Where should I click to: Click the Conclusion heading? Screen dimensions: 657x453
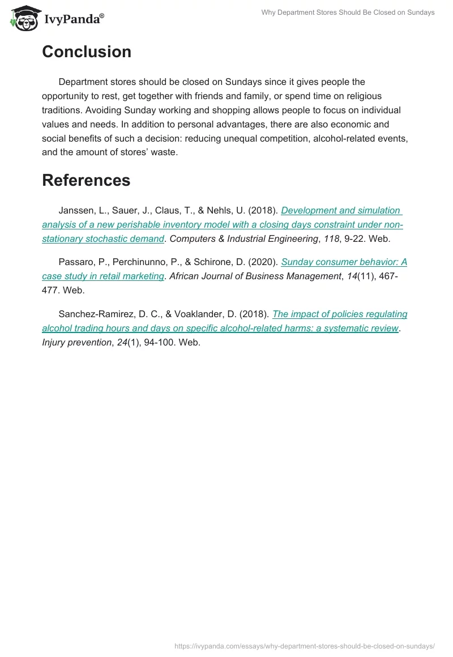[87, 52]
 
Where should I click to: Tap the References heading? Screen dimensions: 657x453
[86, 180]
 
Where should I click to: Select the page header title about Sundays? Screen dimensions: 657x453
[348, 12]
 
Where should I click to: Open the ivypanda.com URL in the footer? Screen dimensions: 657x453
[305, 646]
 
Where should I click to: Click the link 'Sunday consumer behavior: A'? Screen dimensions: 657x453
[344, 262]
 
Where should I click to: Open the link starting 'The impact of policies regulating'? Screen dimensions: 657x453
[340, 314]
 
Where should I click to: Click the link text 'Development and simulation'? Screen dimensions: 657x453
[340, 211]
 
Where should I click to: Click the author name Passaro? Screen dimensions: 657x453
[76, 262]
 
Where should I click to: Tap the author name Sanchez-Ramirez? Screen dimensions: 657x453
[93, 314]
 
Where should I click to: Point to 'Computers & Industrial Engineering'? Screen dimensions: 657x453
[243, 239]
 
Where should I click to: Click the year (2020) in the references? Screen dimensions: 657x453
[264, 262]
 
